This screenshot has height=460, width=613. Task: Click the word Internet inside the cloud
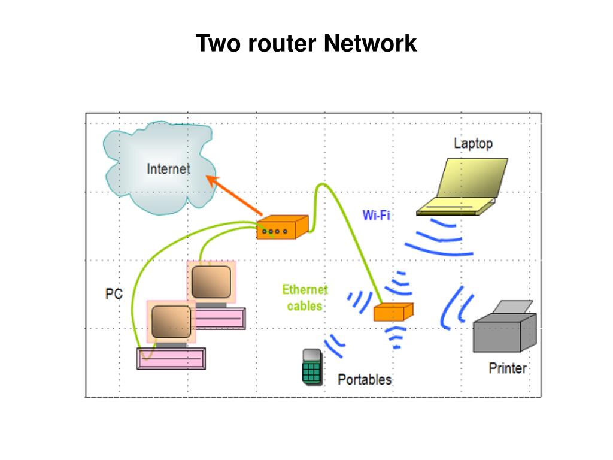click(x=168, y=169)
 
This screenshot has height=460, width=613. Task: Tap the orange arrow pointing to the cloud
click(x=234, y=195)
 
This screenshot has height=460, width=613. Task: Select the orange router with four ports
click(x=283, y=227)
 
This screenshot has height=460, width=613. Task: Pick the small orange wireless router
click(x=393, y=312)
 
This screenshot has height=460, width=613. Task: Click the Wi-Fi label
click(x=376, y=215)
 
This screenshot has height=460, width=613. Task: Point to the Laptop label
click(x=473, y=143)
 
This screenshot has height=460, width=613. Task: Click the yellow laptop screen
click(x=473, y=178)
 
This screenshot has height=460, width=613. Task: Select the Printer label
click(x=508, y=368)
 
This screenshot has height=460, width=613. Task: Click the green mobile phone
click(x=312, y=367)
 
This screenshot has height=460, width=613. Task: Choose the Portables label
click(x=365, y=379)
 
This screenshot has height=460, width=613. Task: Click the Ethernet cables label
click(x=305, y=298)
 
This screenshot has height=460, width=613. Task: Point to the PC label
click(x=114, y=293)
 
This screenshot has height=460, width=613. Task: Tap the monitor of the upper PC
click(x=211, y=282)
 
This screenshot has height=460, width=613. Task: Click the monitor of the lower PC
click(x=171, y=322)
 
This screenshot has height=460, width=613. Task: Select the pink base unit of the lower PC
click(x=171, y=359)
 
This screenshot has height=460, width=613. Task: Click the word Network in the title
click(x=370, y=43)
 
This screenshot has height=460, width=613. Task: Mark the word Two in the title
click(x=218, y=43)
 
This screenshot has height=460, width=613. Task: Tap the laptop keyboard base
click(x=456, y=207)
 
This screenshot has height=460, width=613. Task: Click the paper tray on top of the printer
click(x=512, y=307)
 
